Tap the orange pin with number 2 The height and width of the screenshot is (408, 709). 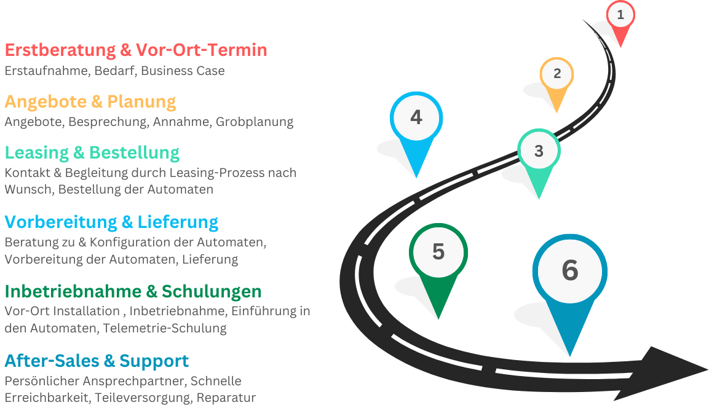click(x=557, y=76)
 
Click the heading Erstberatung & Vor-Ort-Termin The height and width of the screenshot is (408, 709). click(x=136, y=50)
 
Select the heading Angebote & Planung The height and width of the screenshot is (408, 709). click(x=90, y=101)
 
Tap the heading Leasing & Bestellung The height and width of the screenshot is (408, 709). click(x=92, y=152)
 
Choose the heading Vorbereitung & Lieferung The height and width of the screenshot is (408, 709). click(x=111, y=221)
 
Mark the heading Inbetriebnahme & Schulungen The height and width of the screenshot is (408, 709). click(x=133, y=291)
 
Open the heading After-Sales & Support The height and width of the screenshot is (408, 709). click(x=97, y=360)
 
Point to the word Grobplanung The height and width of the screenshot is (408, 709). click(x=254, y=122)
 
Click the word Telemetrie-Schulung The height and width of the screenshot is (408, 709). click(x=165, y=328)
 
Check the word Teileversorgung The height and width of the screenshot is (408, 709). click(x=143, y=398)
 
